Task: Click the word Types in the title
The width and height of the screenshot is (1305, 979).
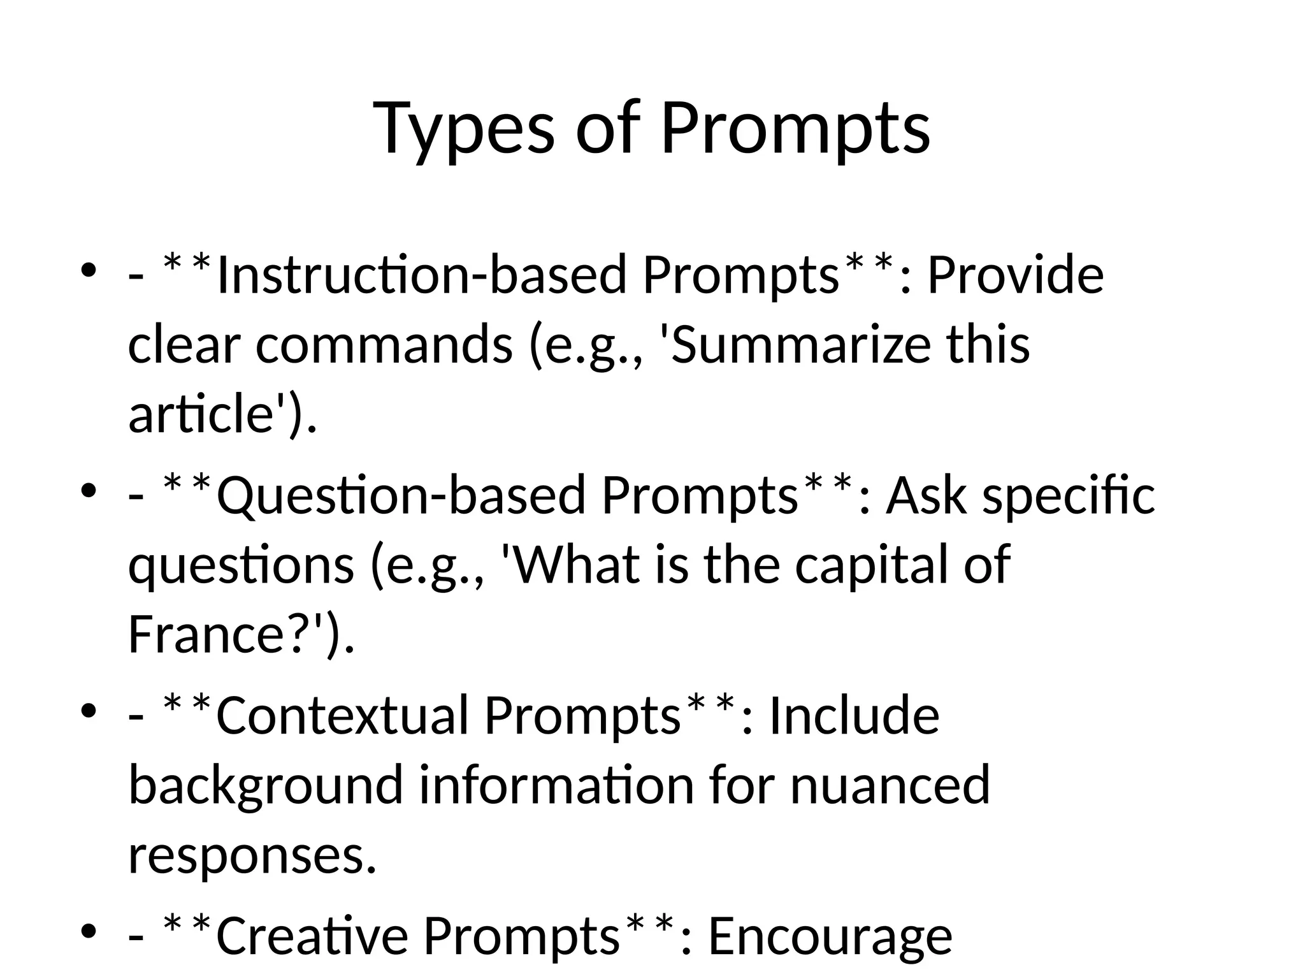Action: (463, 129)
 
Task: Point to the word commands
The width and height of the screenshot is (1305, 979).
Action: (384, 345)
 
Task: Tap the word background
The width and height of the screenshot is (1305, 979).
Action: (266, 786)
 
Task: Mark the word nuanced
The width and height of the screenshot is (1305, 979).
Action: (890, 786)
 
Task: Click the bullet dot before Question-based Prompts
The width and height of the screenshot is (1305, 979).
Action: (89, 491)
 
